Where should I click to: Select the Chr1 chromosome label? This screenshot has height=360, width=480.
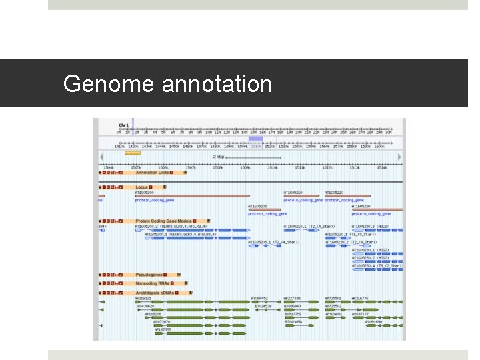pos(124,125)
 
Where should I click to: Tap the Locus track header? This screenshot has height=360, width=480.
pos(141,187)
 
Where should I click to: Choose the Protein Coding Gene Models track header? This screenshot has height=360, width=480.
pos(163,221)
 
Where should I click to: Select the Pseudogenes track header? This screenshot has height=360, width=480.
pos(149,275)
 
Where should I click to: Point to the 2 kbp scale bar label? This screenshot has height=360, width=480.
pos(219,157)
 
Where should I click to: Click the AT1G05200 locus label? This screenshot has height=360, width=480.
pos(145,193)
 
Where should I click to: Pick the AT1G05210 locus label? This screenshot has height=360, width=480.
pos(293,193)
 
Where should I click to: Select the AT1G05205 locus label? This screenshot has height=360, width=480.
pos(257,207)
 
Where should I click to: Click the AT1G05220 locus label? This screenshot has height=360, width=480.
pos(334,193)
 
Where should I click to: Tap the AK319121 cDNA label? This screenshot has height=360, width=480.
pos(143,298)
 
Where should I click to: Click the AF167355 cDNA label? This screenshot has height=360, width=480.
pos(163,329)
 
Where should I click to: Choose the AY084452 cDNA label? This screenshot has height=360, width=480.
pos(259,298)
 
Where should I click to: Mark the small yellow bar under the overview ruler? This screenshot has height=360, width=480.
pos(132,153)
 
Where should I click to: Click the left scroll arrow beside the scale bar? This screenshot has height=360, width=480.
pos(101,157)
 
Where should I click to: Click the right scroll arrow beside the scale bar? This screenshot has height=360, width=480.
pos(400,157)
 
